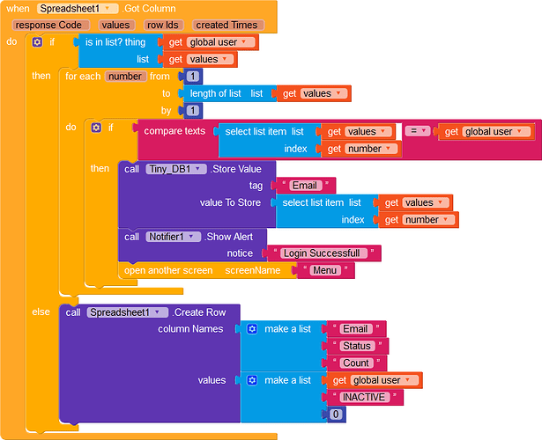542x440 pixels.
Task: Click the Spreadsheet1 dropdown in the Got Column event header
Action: [78, 9]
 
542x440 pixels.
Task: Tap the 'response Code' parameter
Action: [50, 26]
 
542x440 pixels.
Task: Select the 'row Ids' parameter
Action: [163, 26]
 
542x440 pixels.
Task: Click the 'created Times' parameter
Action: [228, 26]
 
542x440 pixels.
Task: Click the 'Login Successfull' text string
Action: [323, 253]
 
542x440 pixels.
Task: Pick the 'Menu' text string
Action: [325, 270]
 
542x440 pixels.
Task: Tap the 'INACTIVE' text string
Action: [364, 397]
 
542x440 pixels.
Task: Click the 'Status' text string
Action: [357, 346]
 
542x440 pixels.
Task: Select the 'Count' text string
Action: [356, 363]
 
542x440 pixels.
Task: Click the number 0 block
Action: [336, 414]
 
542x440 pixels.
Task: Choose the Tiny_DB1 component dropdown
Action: [176, 169]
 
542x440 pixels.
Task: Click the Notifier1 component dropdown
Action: [174, 237]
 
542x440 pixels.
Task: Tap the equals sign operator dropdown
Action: [418, 131]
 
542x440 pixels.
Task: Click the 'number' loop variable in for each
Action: [125, 77]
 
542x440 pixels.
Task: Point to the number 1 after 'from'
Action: [193, 77]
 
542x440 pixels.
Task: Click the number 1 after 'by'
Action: [193, 110]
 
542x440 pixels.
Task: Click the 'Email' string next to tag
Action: [305, 186]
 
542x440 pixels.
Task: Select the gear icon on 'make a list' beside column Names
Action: [252, 329]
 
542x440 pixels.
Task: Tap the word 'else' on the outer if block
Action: [41, 312]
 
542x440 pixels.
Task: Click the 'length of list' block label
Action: [215, 93]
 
